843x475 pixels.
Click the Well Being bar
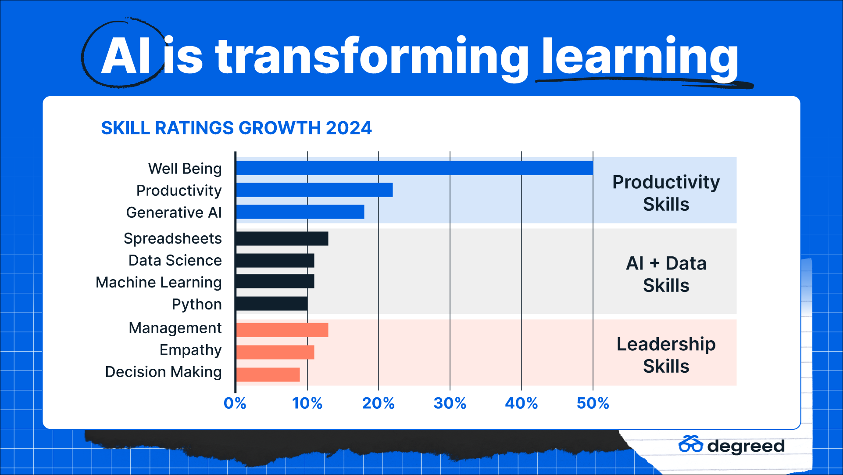[x=414, y=168]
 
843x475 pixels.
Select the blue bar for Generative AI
[x=300, y=212]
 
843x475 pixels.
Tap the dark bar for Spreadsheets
[x=282, y=238]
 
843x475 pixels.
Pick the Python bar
[x=271, y=304]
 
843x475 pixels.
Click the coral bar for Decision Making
[x=268, y=374]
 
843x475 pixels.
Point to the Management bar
[x=282, y=330]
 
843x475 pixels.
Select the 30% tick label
[x=450, y=403]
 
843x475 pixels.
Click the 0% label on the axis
[x=235, y=403]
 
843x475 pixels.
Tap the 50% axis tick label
[x=593, y=403]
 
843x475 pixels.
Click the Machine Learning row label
[x=159, y=282]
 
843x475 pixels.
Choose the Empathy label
[x=190, y=350]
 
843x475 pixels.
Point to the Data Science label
[x=175, y=260]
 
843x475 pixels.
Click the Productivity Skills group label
[x=666, y=193]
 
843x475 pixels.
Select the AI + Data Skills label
[x=666, y=274]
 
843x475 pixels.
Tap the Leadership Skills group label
[x=666, y=355]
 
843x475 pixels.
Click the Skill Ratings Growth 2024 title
[x=236, y=128]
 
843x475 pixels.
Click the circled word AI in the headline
[x=126, y=56]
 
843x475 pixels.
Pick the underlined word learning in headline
[x=640, y=57]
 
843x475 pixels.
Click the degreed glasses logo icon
[x=690, y=444]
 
